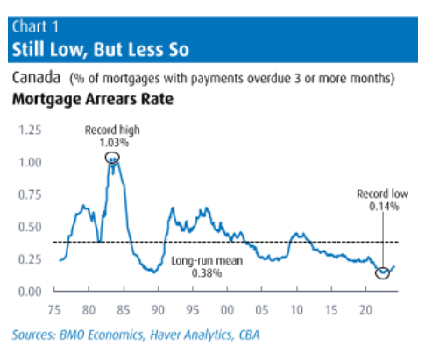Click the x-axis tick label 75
coord(54,309)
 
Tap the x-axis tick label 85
coord(124,309)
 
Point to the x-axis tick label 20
coord(366,309)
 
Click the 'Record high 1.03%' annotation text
coord(111,135)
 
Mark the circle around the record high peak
coord(112,158)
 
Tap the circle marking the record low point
coord(382,272)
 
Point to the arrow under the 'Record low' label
coord(383,241)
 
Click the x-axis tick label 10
coord(297,309)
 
